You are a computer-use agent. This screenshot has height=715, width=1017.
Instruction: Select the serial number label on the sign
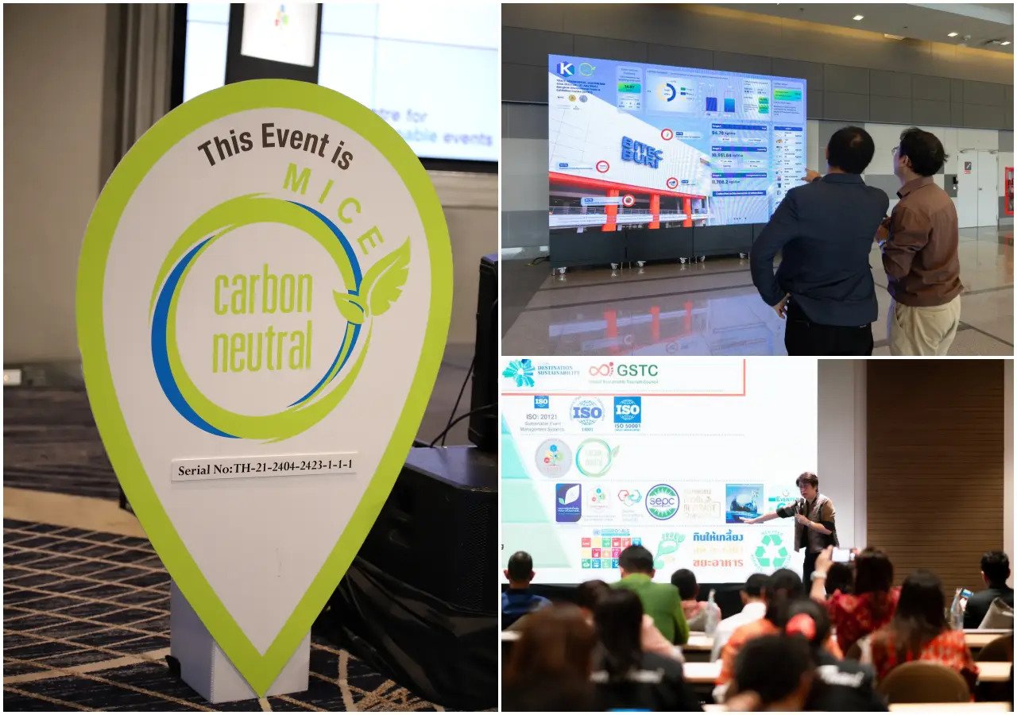click(264, 467)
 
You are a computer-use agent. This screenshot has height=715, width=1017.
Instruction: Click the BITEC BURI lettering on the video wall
click(642, 151)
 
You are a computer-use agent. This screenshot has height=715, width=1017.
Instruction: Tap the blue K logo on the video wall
click(566, 69)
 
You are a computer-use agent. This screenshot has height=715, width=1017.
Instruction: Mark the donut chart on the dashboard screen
click(666, 93)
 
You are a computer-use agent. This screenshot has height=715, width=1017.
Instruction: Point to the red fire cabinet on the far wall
click(1009, 191)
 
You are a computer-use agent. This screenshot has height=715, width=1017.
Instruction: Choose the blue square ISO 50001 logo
click(627, 410)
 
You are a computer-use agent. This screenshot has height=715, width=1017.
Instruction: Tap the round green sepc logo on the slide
click(662, 502)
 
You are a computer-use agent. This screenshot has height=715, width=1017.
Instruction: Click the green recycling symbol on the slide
click(769, 551)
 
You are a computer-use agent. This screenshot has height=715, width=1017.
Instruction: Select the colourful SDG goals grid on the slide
click(610, 549)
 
